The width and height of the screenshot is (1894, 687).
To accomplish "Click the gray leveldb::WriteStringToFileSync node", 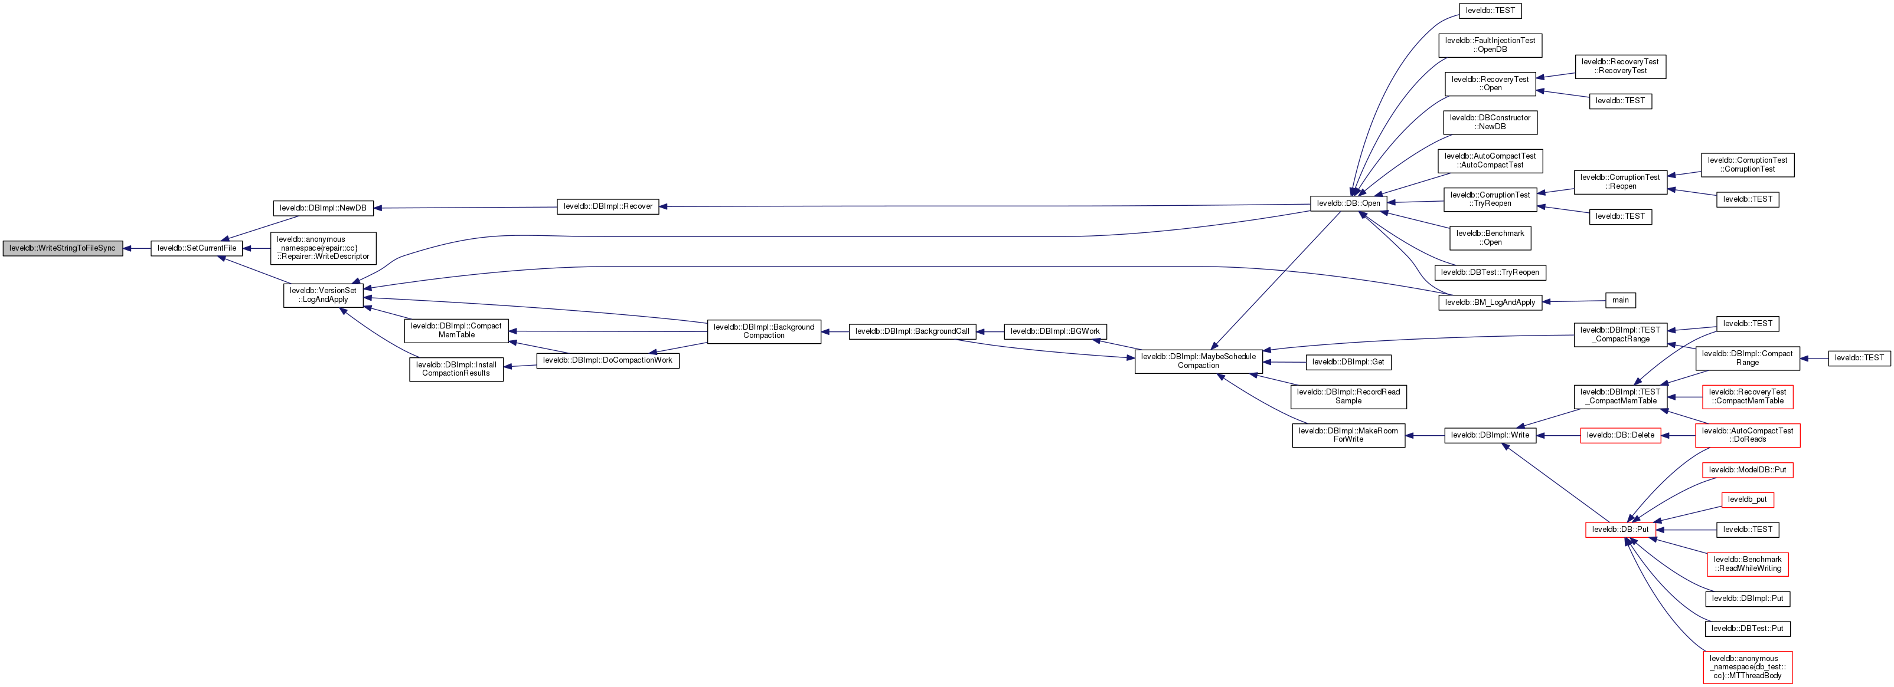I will tap(63, 248).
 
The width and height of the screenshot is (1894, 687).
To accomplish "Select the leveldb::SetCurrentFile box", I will tap(197, 248).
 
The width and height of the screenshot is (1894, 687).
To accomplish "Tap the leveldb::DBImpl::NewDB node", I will tap(323, 208).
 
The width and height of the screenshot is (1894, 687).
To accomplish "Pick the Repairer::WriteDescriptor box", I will tap(323, 248).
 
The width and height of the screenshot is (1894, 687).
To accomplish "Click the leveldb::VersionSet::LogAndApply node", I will tap(323, 295).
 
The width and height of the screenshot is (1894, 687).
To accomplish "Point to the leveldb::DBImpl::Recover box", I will tap(608, 206).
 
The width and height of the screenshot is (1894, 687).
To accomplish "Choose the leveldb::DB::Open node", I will tap(1348, 203).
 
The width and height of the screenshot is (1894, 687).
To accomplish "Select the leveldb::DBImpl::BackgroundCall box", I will tap(912, 331).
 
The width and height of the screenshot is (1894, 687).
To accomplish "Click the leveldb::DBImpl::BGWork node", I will tap(1054, 331).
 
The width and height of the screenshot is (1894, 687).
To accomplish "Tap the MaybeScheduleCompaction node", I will tap(1198, 361).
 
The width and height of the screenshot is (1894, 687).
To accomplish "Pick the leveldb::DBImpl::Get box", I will tap(1348, 361).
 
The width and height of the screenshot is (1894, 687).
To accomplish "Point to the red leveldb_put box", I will tap(1747, 499).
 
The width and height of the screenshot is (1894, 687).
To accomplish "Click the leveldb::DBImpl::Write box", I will tap(1490, 435).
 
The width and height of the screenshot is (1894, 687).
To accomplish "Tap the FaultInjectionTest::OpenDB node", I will tap(1490, 45).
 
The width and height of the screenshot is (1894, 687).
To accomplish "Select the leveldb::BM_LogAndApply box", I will tap(1490, 302).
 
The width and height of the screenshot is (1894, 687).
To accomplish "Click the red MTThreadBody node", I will tap(1747, 667).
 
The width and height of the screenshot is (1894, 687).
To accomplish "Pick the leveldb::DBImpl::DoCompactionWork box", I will tap(608, 360).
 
